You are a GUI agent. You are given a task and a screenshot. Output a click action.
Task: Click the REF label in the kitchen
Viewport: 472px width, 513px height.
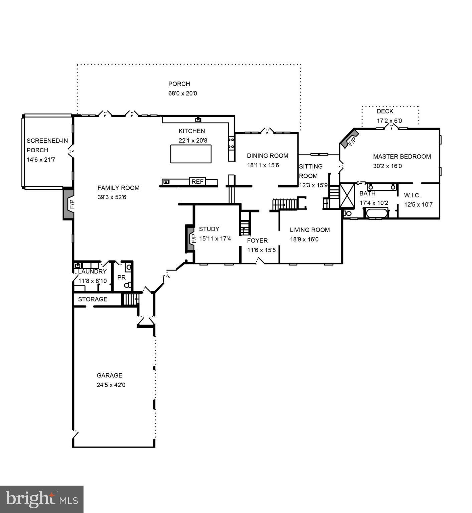[197, 182]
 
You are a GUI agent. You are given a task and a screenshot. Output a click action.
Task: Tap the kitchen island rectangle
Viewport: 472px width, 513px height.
[191, 154]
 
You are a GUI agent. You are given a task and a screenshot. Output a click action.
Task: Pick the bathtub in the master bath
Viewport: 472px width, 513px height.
[376, 213]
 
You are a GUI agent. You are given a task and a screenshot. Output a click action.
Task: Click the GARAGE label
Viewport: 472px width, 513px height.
[110, 375]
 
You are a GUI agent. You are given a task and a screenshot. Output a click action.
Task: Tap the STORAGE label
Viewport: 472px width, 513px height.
[93, 299]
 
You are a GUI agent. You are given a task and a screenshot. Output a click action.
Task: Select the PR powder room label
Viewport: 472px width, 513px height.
[121, 278]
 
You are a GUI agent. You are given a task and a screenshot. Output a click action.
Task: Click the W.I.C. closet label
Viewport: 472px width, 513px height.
[412, 195]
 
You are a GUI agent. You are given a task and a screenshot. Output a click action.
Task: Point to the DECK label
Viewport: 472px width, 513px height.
[385, 111]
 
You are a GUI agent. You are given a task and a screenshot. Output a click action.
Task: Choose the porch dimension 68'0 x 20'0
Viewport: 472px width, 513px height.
[183, 94]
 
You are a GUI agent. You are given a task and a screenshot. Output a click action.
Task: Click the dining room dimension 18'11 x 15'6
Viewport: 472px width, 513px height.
[263, 165]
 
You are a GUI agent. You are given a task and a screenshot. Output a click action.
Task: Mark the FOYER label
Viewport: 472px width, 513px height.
[257, 240]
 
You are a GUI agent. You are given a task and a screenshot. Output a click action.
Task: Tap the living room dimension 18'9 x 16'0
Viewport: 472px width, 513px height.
[304, 239]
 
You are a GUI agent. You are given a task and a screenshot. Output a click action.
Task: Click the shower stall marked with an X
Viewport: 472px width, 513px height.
[347, 195]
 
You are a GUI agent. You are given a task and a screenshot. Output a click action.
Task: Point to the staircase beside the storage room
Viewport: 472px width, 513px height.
[130, 299]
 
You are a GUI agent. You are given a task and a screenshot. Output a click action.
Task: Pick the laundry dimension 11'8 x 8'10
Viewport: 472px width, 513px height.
[93, 281]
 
